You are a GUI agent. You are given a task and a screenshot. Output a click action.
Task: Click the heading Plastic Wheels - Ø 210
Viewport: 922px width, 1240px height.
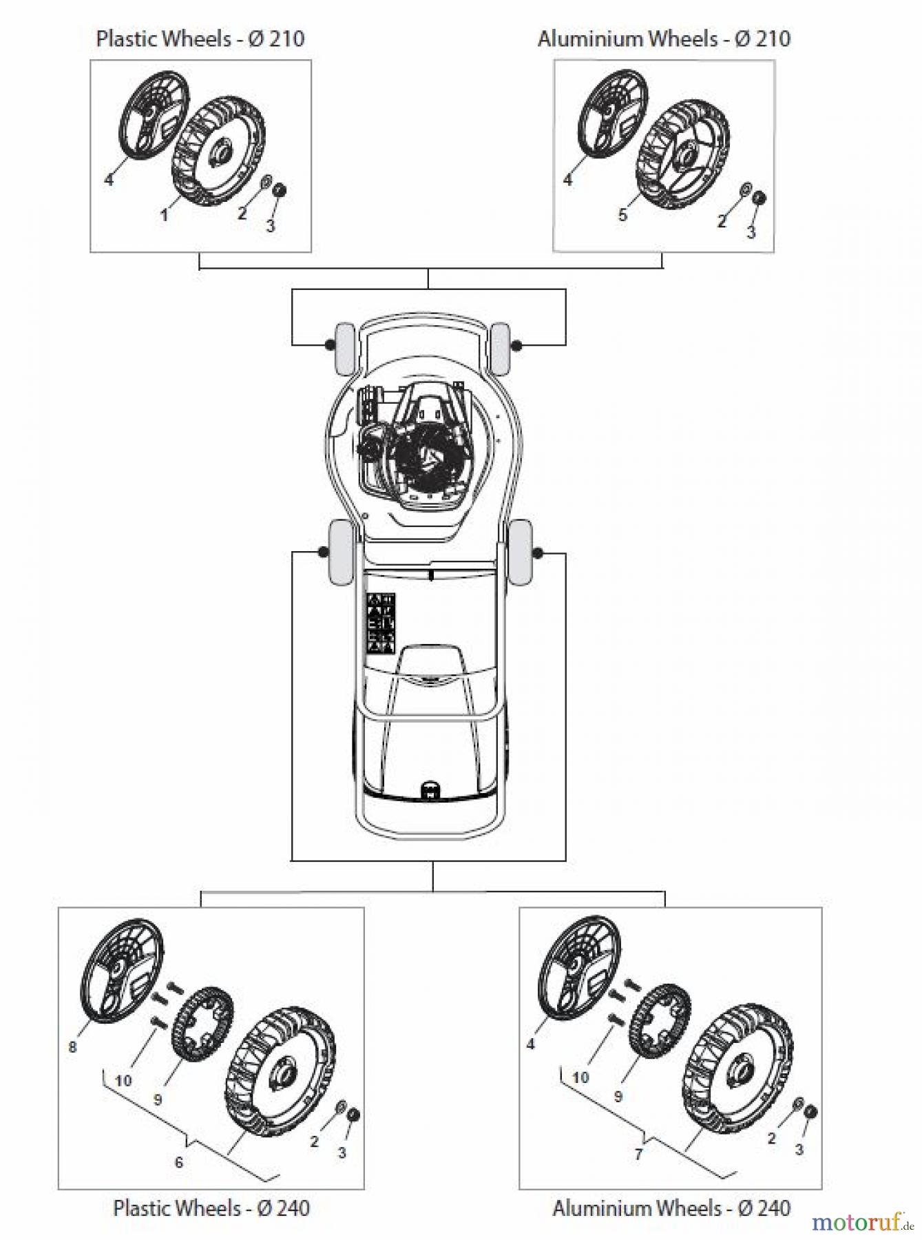point(200,38)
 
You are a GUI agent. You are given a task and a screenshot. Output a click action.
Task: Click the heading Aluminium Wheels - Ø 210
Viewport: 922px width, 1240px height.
point(664,38)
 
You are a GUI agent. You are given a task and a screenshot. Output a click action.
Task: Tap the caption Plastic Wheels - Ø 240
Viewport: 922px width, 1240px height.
point(211,1207)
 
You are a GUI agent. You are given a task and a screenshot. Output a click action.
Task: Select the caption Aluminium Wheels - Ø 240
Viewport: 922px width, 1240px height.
point(671,1207)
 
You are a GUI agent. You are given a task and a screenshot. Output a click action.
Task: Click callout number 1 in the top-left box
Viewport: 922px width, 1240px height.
point(164,216)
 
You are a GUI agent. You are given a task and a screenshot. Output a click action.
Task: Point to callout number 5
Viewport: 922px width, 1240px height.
point(622,216)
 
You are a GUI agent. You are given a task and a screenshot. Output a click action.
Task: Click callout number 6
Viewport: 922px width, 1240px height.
point(179,1162)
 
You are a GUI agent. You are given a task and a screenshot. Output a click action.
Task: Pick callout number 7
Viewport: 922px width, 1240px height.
point(638,1154)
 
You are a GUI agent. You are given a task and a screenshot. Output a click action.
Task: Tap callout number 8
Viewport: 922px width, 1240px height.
point(72,1048)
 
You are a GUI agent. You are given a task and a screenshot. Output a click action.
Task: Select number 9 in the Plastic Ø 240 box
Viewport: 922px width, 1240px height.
point(158,1100)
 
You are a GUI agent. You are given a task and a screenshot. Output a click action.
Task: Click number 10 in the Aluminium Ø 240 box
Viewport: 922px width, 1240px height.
point(580,1077)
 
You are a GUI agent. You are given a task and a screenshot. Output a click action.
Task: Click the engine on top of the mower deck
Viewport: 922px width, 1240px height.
point(420,448)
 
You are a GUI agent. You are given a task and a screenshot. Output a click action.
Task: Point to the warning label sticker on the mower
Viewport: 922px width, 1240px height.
point(380,622)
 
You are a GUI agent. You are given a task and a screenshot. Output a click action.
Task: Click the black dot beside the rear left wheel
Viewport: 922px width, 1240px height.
point(322,552)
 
